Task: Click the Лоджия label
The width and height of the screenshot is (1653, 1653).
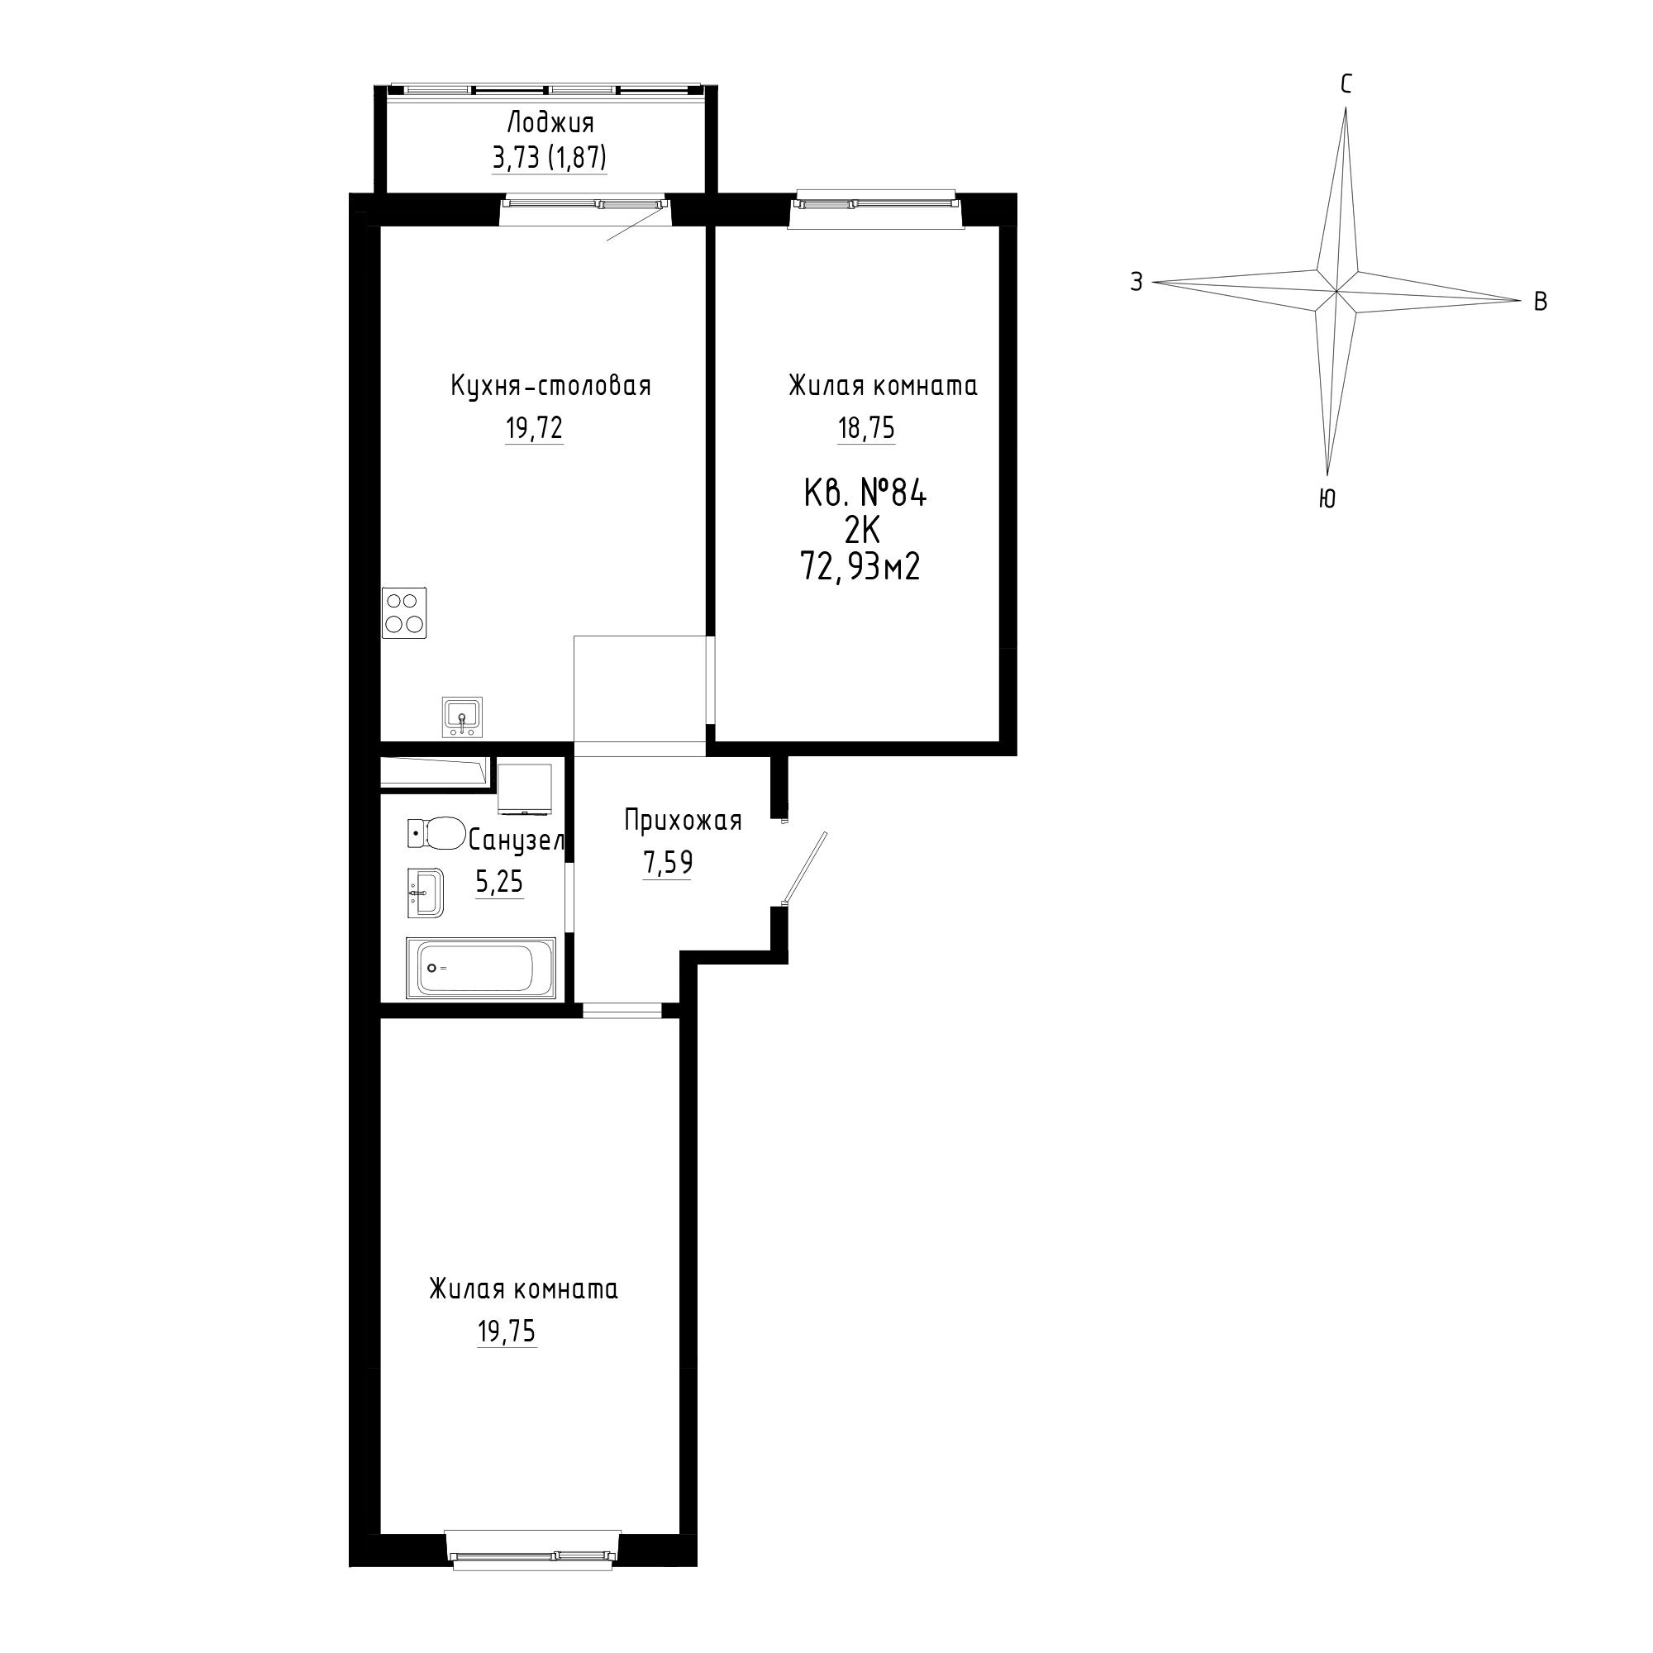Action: pos(550,124)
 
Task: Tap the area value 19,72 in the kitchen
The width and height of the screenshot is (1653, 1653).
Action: pos(534,428)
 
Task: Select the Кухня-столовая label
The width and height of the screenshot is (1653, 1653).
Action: pos(551,387)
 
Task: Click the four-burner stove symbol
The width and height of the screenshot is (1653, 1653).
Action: pos(404,612)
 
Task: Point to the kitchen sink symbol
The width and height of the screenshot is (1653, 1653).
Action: pos(462,717)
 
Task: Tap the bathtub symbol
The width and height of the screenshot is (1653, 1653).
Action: pos(480,968)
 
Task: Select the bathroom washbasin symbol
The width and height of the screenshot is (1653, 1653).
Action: pos(425,893)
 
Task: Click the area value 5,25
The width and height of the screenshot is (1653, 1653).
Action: pos(499,881)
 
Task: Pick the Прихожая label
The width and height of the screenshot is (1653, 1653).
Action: pos(683,821)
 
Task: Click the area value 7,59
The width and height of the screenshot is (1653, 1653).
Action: pos(667,862)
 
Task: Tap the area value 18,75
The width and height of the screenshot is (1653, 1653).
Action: pos(866,428)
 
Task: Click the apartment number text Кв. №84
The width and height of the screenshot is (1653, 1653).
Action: pos(866,493)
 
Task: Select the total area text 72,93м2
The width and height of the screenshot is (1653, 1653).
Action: pos(860,566)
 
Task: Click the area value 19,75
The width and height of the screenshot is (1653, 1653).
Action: pos(507,1331)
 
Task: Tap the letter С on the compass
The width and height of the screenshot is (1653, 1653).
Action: pos(1346,84)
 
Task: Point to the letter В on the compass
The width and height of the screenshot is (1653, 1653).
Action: pos(1540,302)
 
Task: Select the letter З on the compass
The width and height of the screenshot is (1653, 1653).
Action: pos(1136,282)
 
